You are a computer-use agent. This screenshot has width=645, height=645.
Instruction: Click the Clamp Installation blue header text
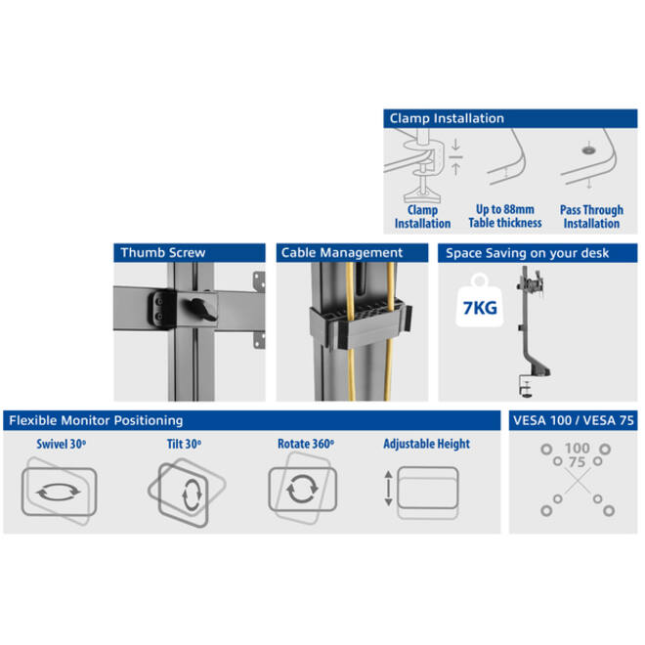pos(447,118)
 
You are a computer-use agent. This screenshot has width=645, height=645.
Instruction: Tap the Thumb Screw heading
pos(163,252)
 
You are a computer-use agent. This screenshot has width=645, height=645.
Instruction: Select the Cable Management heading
pos(342,252)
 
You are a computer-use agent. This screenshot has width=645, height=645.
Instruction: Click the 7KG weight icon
pos(480,301)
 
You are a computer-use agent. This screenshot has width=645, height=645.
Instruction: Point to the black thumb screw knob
pos(200,309)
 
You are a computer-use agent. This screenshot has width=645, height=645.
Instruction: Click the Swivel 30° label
pos(62,445)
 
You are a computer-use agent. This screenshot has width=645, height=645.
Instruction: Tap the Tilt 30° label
pos(184,445)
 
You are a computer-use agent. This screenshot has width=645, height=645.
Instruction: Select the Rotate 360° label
pos(306,445)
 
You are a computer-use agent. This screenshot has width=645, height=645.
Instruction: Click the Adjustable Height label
pos(426,444)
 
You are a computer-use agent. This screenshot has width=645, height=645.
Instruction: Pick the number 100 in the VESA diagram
pos(578,448)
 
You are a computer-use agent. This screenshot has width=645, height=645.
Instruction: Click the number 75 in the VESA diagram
pos(577,462)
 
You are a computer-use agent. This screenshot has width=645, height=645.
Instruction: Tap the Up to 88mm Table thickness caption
pos(505,216)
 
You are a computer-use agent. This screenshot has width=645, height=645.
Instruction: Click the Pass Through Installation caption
pos(591,216)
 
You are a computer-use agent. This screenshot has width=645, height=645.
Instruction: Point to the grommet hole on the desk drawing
pos(588,150)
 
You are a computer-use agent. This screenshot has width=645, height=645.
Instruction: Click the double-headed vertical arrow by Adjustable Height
pos(388,489)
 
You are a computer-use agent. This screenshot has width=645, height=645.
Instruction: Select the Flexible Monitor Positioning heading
pos(96,420)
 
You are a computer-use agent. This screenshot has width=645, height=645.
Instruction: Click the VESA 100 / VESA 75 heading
pos(574,420)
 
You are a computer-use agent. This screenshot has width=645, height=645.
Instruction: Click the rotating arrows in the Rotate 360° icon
pos(302,489)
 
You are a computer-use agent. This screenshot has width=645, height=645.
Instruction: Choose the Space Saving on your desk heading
pos(527,253)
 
